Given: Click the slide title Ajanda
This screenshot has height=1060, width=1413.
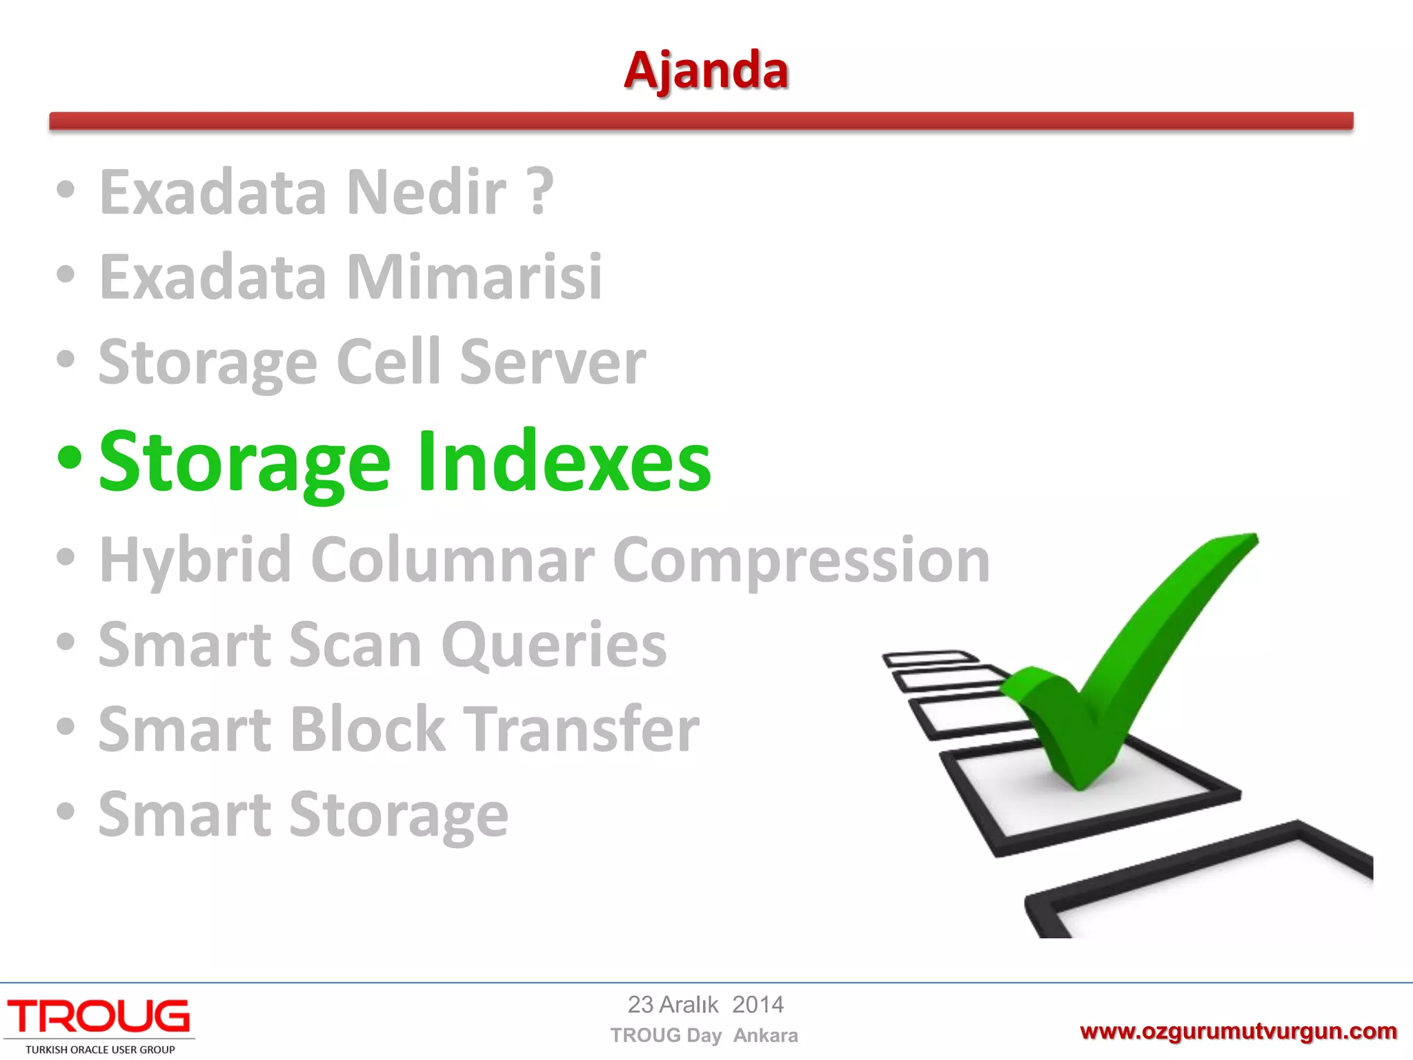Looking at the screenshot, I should pyautogui.click(x=706, y=71).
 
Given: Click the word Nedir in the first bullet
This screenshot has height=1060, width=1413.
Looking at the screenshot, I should pyautogui.click(x=426, y=193).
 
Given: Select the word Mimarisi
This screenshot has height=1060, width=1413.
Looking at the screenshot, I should pyautogui.click(x=474, y=277).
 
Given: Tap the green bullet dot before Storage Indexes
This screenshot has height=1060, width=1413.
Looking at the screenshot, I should pyautogui.click(x=70, y=458).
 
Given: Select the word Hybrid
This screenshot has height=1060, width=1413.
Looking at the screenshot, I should pyautogui.click(x=195, y=561).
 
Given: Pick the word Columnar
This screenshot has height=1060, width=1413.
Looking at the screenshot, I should pyautogui.click(x=453, y=561).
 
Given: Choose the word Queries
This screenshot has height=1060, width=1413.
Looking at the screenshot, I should pyautogui.click(x=554, y=646).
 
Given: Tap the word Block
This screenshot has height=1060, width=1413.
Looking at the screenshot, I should pyautogui.click(x=368, y=730).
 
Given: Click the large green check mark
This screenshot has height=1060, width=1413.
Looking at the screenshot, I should pyautogui.click(x=1132, y=662).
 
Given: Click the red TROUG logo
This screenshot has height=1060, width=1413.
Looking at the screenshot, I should pyautogui.click(x=99, y=1017).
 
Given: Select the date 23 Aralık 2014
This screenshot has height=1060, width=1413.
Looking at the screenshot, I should pyautogui.click(x=705, y=1005).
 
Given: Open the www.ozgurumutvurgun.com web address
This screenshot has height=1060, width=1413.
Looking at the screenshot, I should pyautogui.click(x=1238, y=1032).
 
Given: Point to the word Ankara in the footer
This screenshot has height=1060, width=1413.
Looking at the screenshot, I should pyautogui.click(x=765, y=1036).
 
